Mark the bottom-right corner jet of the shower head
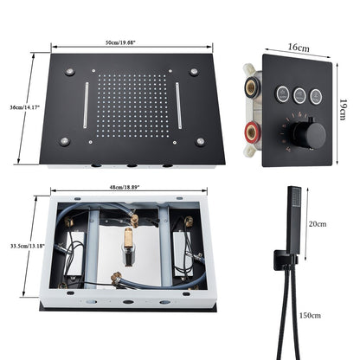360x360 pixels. tap(202, 140)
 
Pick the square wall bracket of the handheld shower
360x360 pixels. tap(283, 257)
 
